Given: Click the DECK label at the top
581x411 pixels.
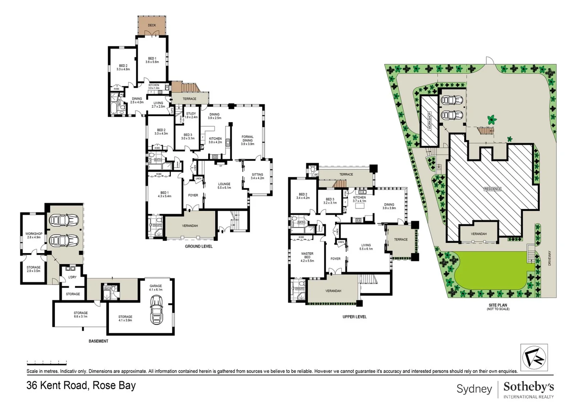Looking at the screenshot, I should [x=152, y=25].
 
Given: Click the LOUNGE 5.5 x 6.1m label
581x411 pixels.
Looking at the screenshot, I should [x=224, y=186].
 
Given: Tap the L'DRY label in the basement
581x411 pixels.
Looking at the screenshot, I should [x=72, y=277].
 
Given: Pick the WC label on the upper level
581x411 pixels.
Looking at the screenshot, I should [x=316, y=175].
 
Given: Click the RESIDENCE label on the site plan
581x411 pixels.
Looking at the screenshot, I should [x=493, y=189].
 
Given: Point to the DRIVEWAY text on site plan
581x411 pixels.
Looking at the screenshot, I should [x=549, y=258].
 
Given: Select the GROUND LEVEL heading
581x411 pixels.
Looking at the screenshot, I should [x=199, y=247].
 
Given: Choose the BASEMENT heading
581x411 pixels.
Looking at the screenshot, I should [x=99, y=341].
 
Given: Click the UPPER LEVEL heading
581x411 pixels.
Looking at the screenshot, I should [x=354, y=317].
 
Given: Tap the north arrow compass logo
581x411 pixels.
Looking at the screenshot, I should [x=534, y=357].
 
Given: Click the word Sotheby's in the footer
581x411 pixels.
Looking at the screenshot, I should [x=528, y=387].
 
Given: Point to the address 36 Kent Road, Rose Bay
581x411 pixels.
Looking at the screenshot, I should [x=81, y=386].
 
